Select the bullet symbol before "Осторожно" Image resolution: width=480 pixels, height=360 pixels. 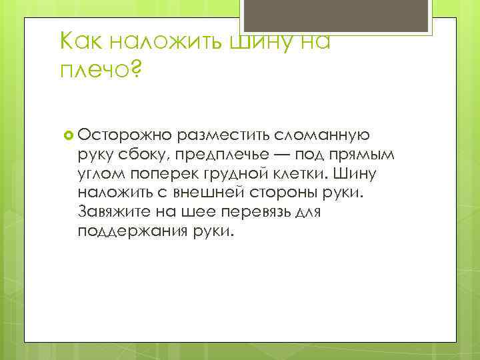pos(67,135)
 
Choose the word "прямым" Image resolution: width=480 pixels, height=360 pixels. pos(363,155)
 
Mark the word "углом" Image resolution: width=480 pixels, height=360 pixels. pos(101,174)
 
